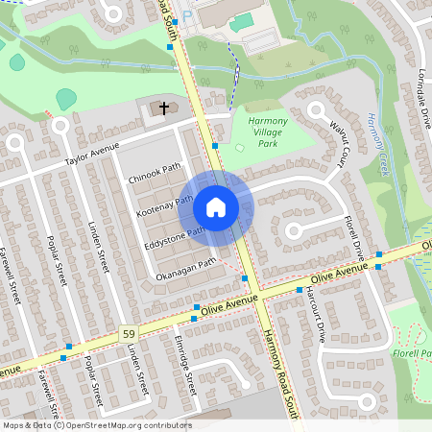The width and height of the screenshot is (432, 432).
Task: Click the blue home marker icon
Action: coord(216,206)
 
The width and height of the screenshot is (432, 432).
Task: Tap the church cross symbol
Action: coord(163,108)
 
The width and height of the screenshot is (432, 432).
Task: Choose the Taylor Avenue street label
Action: coord(92,154)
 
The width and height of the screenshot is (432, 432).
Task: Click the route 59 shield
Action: coord(127,332)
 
